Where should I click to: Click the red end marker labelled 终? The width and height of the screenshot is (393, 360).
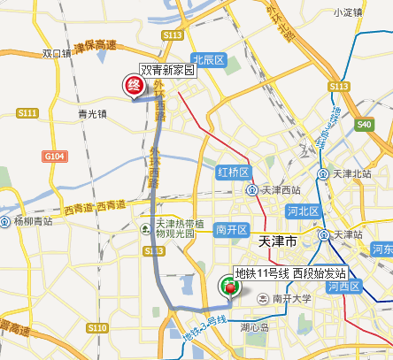coord(134,86)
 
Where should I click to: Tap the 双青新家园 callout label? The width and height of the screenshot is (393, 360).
coord(167,71)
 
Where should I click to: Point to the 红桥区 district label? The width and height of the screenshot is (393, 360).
coord(235,172)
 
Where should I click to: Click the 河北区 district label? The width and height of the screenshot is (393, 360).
coord(302,211)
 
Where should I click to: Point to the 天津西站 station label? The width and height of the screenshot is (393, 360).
coord(281,190)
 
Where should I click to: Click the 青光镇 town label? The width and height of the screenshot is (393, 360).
coord(92,113)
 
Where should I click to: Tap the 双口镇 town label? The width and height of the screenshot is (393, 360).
coord(57,54)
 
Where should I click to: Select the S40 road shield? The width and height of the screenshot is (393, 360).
coord(365,125)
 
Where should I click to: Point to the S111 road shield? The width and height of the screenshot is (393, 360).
coord(27,113)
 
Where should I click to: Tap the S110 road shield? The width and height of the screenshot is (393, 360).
coord(97,327)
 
